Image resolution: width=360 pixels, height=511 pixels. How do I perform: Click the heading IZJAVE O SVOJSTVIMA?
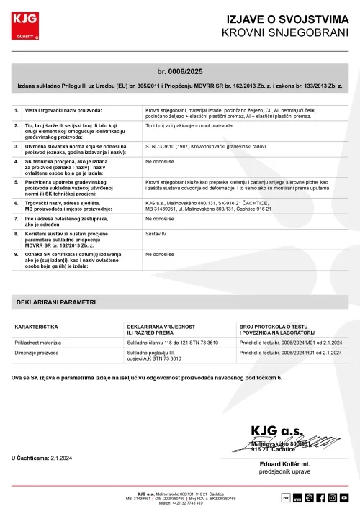(287, 19)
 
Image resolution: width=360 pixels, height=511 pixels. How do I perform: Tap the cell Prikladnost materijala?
(42, 343)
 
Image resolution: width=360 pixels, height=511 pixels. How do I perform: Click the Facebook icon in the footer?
(321, 497)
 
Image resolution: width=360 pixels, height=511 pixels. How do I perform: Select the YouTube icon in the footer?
(345, 497)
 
